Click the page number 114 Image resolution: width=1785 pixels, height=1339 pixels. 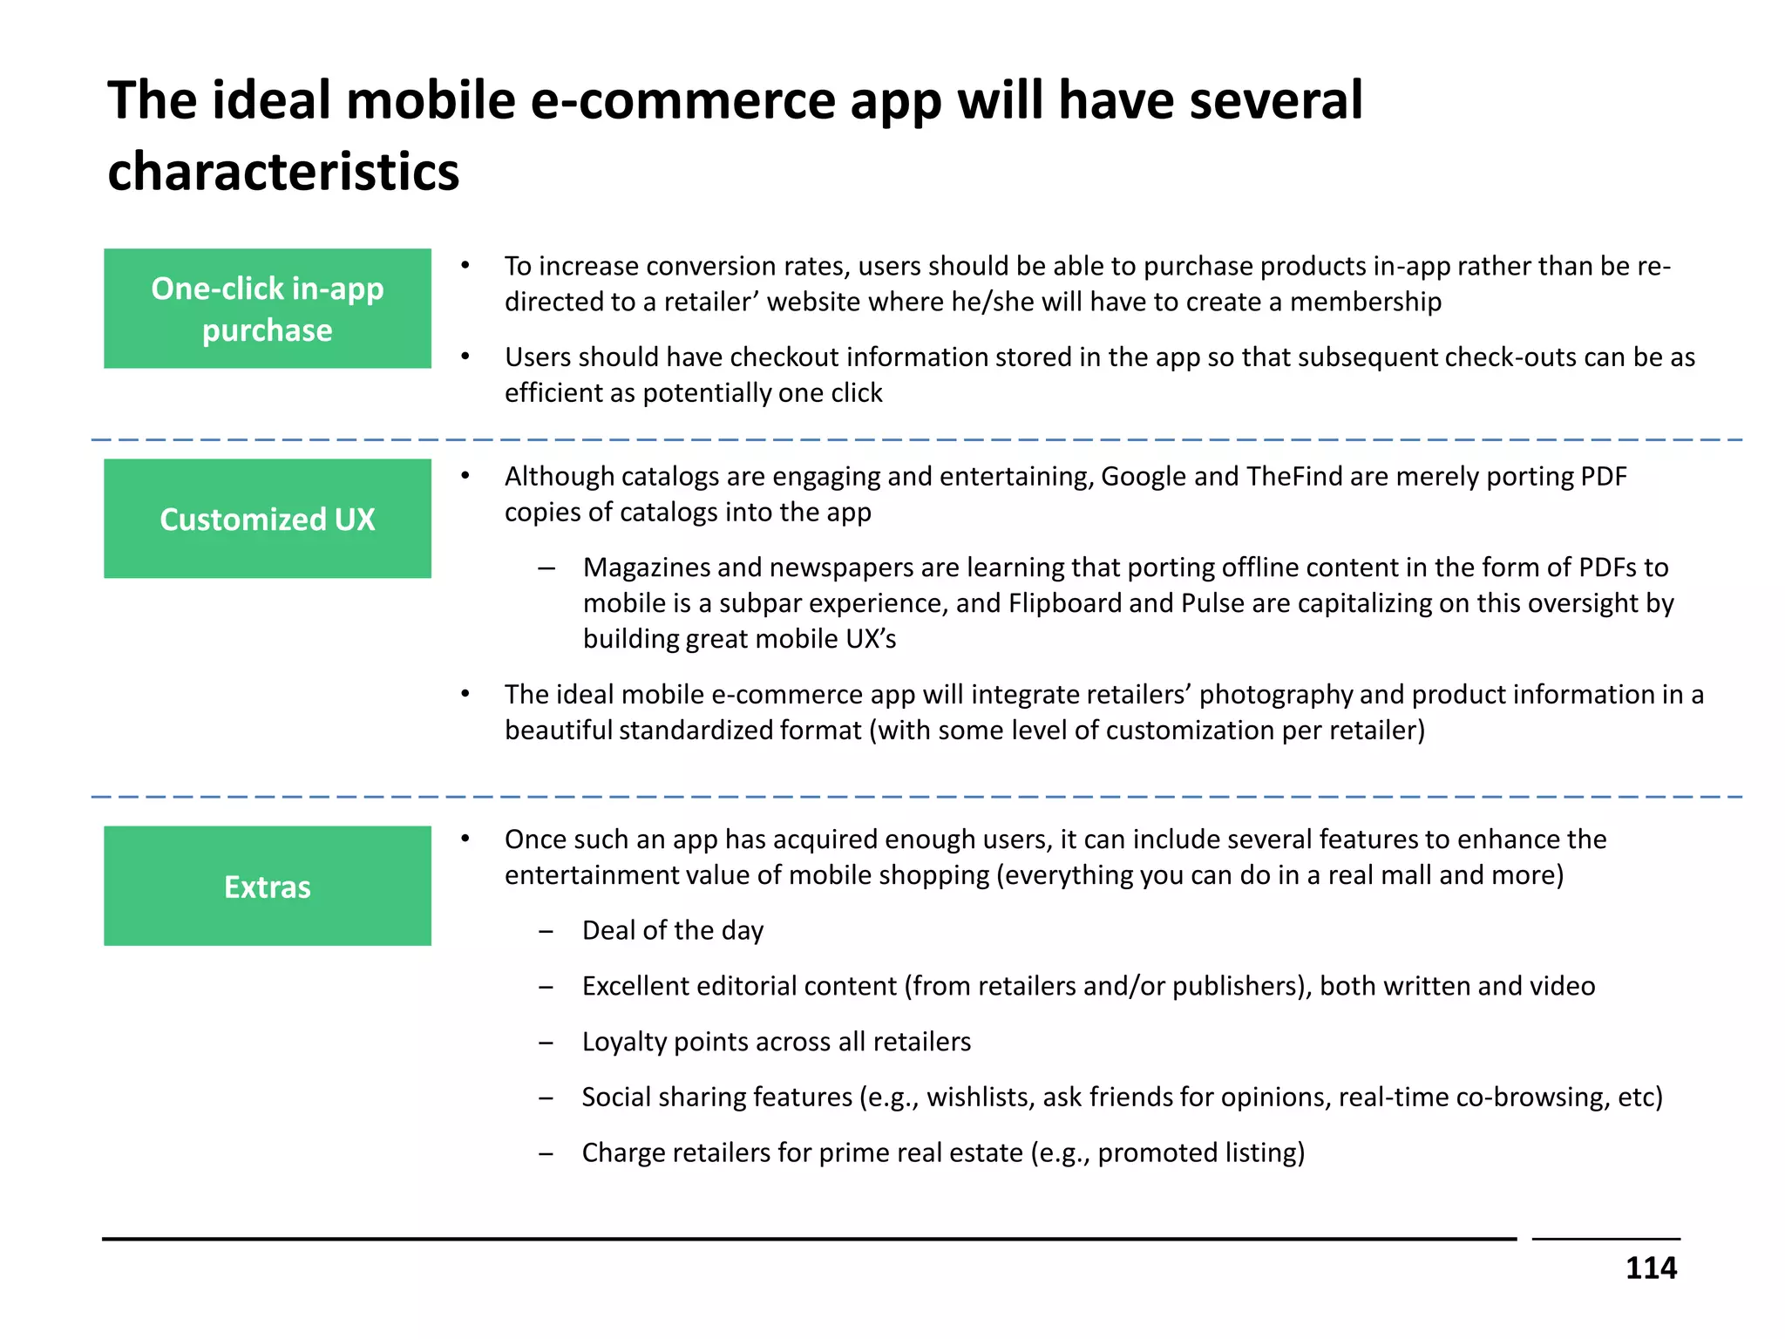1650,1268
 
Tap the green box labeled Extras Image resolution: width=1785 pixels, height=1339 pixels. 268,886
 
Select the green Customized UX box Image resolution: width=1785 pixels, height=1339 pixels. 268,519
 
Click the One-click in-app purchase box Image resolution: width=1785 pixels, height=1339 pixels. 268,309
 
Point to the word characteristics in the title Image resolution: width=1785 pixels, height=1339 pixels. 283,171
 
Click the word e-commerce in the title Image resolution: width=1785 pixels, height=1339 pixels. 682,100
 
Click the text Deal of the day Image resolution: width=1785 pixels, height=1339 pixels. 673,931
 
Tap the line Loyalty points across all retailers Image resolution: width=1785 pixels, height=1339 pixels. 776,1042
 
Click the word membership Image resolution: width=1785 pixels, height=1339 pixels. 1366,302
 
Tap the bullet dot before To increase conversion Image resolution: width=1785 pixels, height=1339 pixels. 465,265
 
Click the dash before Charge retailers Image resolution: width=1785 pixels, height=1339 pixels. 546,1154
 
